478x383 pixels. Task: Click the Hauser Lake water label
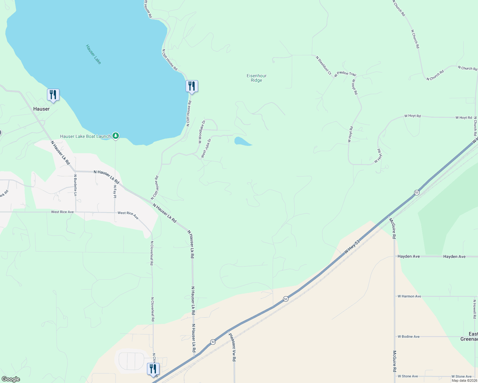pyautogui.click(x=93, y=54)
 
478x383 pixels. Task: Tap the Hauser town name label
pyautogui.click(x=42, y=109)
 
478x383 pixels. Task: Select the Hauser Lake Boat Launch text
pyautogui.click(x=85, y=136)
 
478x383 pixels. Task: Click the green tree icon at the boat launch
pyautogui.click(x=116, y=136)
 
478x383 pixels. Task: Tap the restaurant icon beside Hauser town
pyautogui.click(x=53, y=95)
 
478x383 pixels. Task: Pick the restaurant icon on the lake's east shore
pyautogui.click(x=192, y=86)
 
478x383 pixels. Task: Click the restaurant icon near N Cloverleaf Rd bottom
pyautogui.click(x=153, y=369)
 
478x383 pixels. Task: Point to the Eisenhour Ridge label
pyautogui.click(x=257, y=78)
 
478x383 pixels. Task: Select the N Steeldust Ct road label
pyautogui.click(x=323, y=65)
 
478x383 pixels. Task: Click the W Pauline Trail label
pyautogui.click(x=345, y=74)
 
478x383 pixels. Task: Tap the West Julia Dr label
pyautogui.click(x=206, y=148)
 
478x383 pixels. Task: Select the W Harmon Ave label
pyautogui.click(x=409, y=296)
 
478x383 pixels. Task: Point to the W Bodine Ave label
pyautogui.click(x=409, y=336)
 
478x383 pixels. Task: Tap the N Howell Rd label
pyautogui.click(x=474, y=309)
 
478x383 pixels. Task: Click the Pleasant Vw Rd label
pyautogui.click(x=232, y=347)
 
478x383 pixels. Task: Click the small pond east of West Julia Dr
pyautogui.click(x=241, y=141)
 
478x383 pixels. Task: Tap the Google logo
pyautogui.click(x=11, y=379)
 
